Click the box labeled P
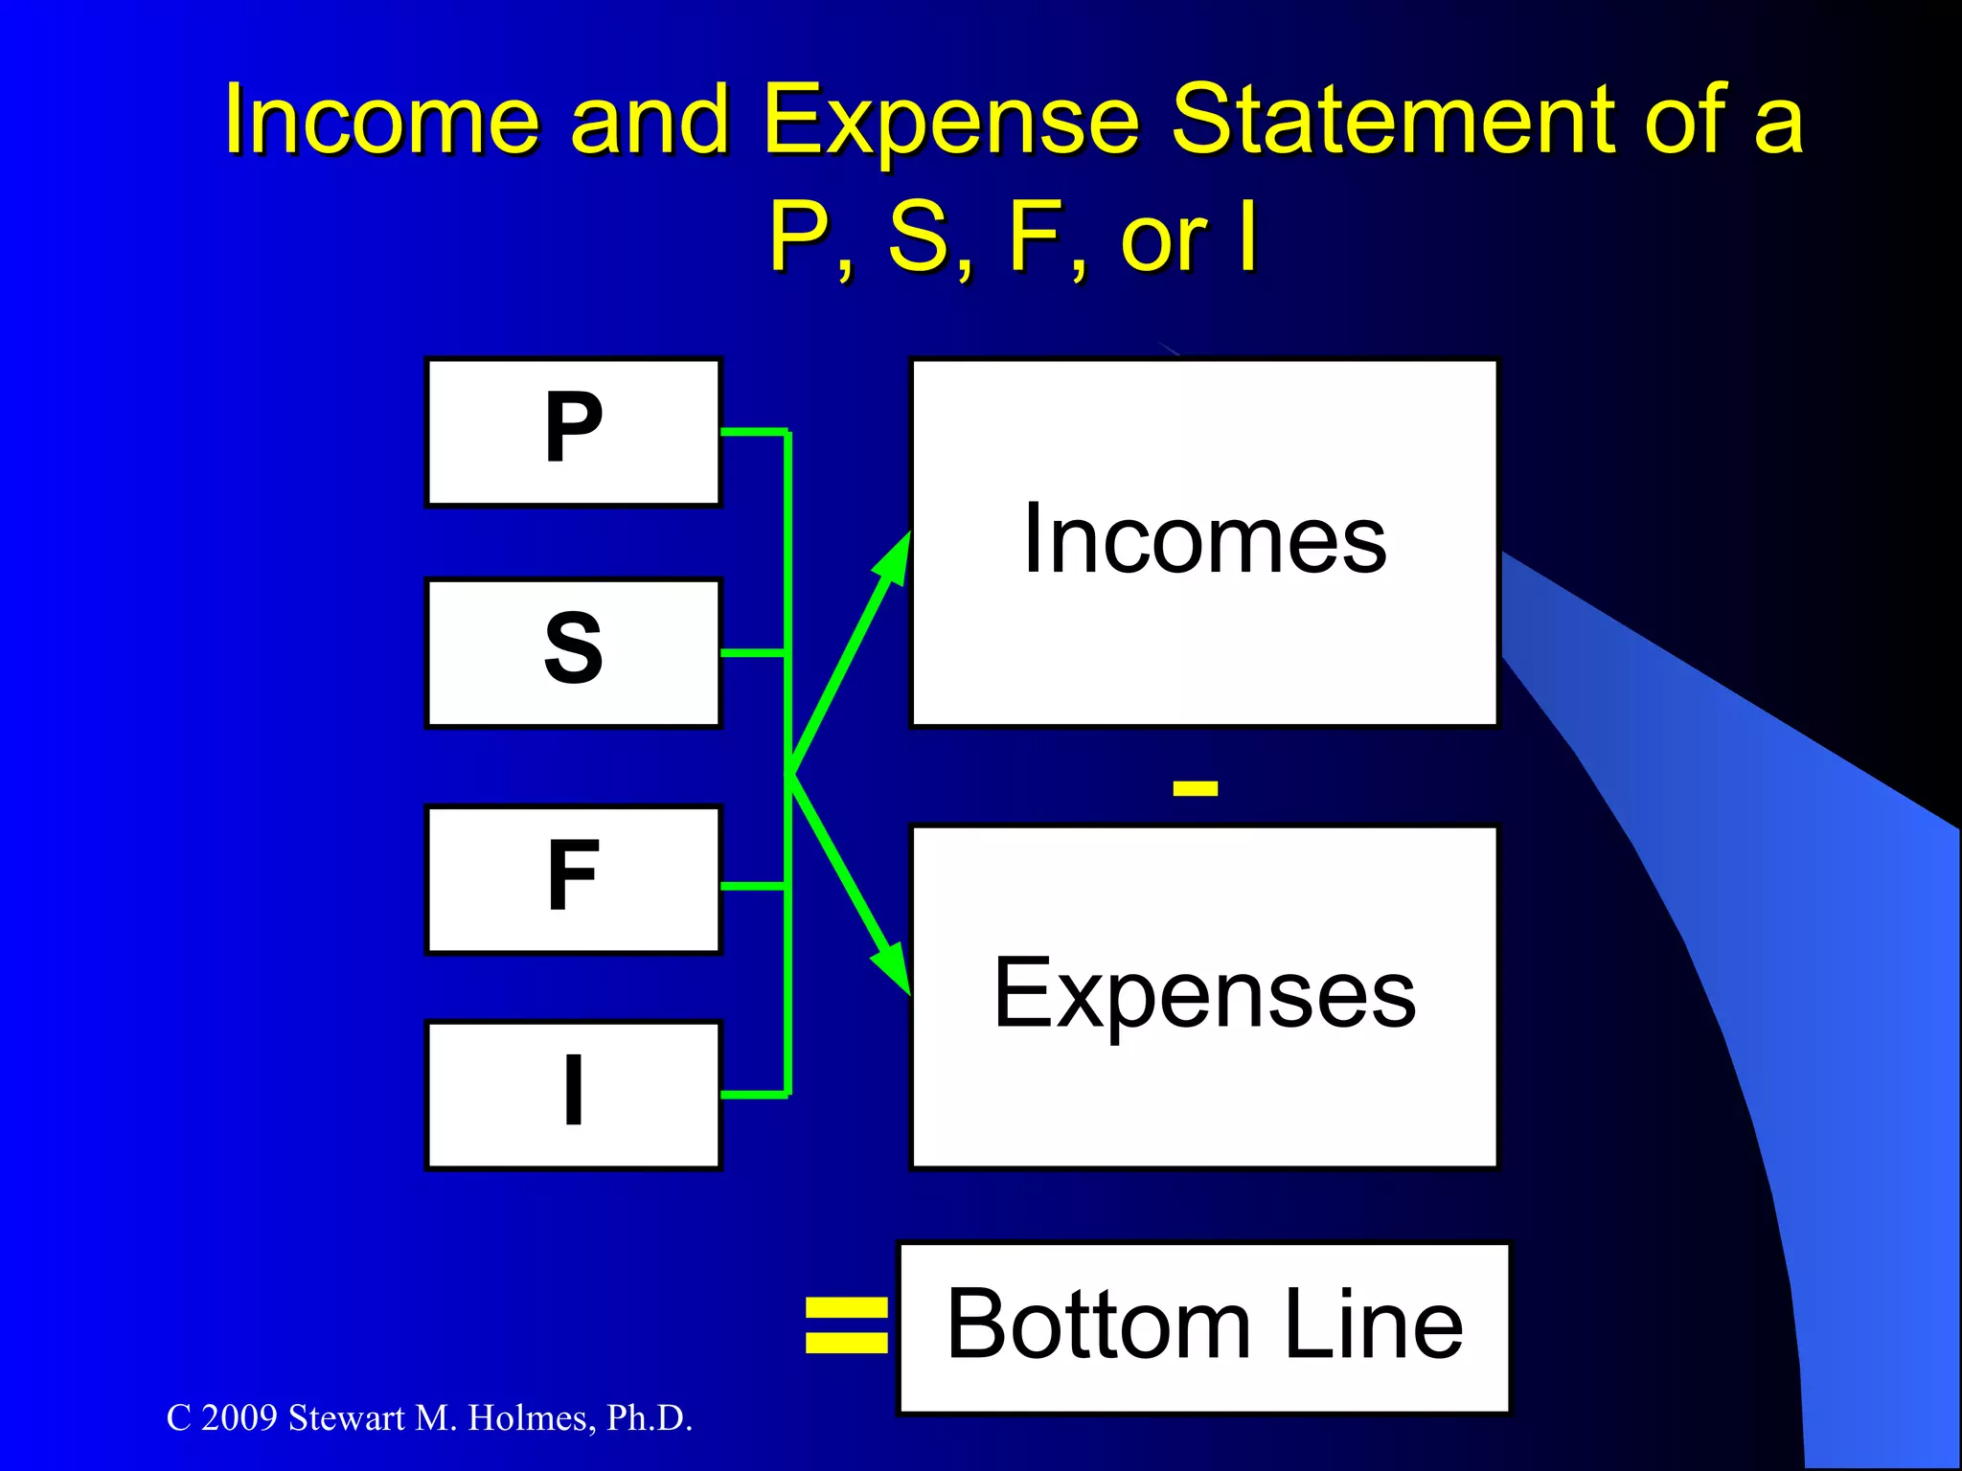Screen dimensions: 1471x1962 click(x=573, y=431)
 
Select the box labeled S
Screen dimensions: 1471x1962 click(x=573, y=652)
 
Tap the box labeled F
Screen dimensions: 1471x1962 click(x=573, y=879)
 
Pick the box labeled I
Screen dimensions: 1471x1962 click(x=573, y=1095)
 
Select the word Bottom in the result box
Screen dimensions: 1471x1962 click(x=1098, y=1325)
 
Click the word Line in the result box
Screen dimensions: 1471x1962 click(x=1374, y=1325)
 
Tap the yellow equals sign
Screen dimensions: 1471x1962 click(x=846, y=1325)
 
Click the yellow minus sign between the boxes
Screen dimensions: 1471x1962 click(x=1195, y=788)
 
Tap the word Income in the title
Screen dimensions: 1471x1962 click(x=382, y=120)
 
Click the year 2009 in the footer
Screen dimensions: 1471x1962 click(x=240, y=1418)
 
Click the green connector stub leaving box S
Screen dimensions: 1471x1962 click(x=753, y=652)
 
